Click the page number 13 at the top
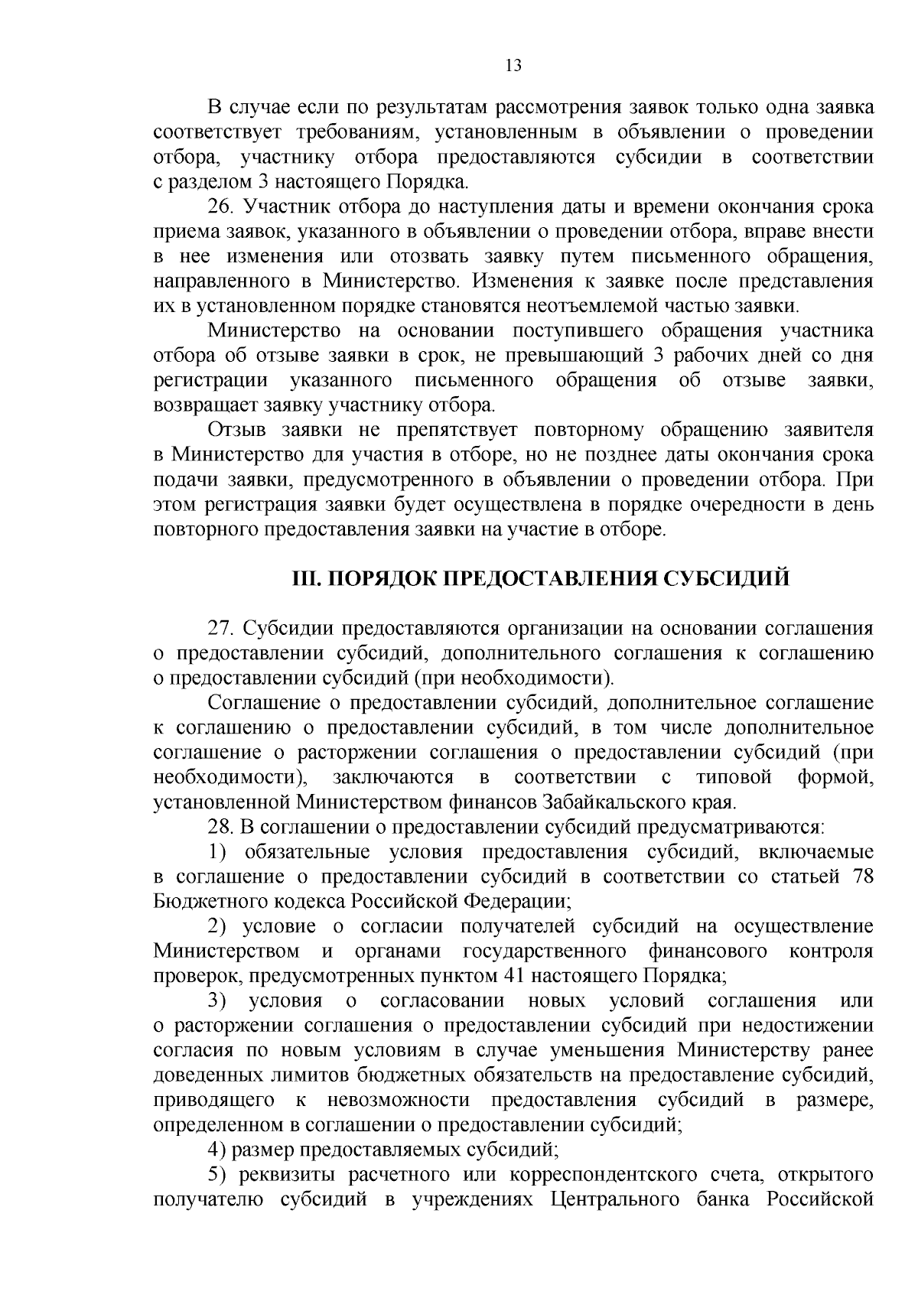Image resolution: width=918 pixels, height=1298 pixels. tap(513, 66)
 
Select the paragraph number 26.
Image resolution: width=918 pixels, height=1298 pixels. tap(220, 207)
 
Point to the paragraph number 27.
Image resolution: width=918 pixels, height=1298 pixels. tap(220, 629)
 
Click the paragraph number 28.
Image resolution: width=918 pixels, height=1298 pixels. tap(220, 827)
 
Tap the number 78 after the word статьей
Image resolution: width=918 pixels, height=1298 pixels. tap(862, 877)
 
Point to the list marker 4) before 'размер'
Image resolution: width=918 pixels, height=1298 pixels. tap(217, 1150)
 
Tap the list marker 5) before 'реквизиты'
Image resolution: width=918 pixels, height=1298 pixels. tap(217, 1174)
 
